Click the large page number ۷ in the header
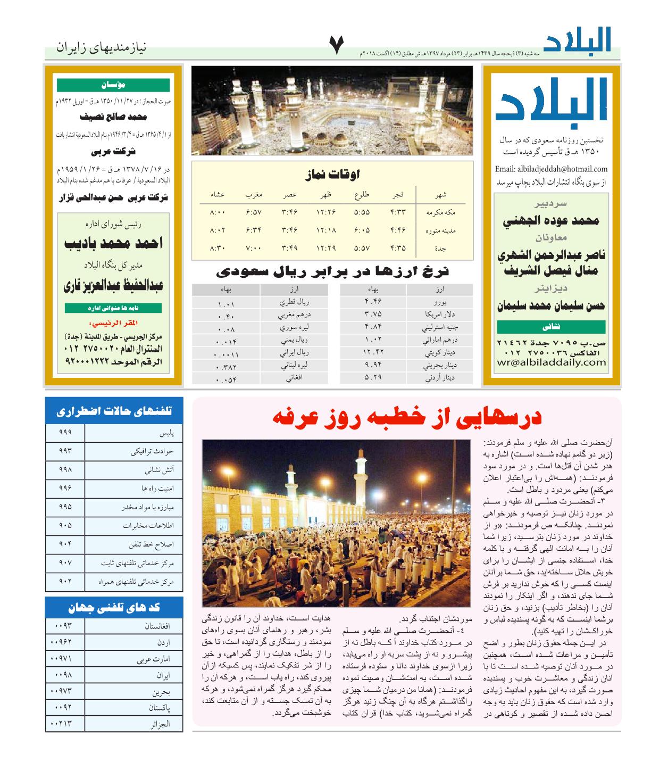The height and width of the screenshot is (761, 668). pyautogui.click(x=337, y=46)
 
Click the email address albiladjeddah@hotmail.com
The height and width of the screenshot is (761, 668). pyautogui.click(x=551, y=169)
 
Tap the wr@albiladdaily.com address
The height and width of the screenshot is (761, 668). pyautogui.click(x=551, y=362)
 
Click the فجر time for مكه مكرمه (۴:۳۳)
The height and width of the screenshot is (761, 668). pyautogui.click(x=398, y=212)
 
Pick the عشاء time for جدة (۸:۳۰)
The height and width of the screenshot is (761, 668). pyautogui.click(x=217, y=248)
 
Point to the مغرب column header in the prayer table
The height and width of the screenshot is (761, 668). pyautogui.click(x=254, y=195)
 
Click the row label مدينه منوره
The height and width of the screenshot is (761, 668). pyautogui.click(x=441, y=230)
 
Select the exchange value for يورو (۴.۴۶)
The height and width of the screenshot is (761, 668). pyautogui.click(x=373, y=302)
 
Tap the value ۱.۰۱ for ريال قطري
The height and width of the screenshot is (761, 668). pyautogui.click(x=226, y=304)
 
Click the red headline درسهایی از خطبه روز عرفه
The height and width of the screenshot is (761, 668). pyautogui.click(x=407, y=417)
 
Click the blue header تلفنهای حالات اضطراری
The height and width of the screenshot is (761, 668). pyautogui.click(x=114, y=411)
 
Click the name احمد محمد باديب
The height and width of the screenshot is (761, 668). pyautogui.click(x=113, y=244)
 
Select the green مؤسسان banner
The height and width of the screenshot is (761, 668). pyautogui.click(x=113, y=85)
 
